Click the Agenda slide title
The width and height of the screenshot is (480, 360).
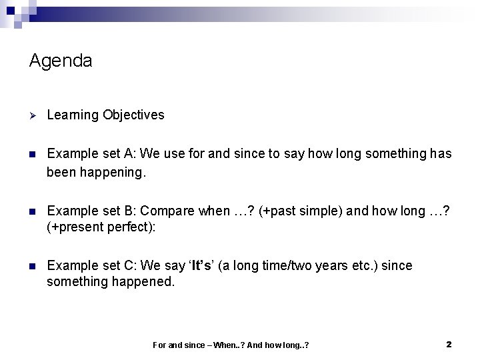point(61,61)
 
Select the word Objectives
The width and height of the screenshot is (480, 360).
point(133,115)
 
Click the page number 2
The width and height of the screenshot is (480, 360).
point(449,344)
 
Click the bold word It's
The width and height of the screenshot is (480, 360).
point(201,266)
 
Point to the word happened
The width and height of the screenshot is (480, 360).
point(142,282)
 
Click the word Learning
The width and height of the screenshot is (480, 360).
point(73,115)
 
